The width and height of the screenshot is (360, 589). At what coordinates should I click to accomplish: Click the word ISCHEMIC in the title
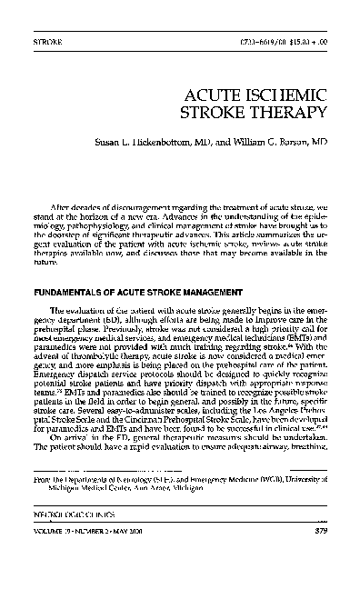click(282, 94)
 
